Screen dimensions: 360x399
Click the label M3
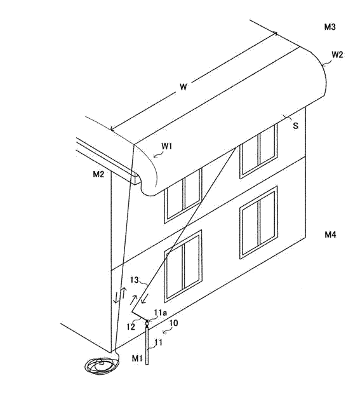point(330,27)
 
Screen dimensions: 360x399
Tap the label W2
point(337,55)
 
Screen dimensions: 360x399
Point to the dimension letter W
point(183,87)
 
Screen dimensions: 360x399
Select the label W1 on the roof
point(167,146)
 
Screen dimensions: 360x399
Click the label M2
point(98,174)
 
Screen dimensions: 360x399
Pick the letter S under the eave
point(295,126)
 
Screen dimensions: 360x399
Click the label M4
point(330,234)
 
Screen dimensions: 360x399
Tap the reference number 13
point(134,280)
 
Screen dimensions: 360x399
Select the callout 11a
point(161,313)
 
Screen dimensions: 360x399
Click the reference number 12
point(131,327)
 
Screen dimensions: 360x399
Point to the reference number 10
point(173,323)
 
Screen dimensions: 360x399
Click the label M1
point(137,358)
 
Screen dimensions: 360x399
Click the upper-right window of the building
point(258,150)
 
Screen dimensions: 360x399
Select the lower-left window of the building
point(183,266)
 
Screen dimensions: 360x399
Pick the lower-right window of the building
point(258,222)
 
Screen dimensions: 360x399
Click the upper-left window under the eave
point(183,196)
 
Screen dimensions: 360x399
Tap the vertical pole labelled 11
point(147,346)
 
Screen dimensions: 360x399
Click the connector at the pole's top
point(147,323)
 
